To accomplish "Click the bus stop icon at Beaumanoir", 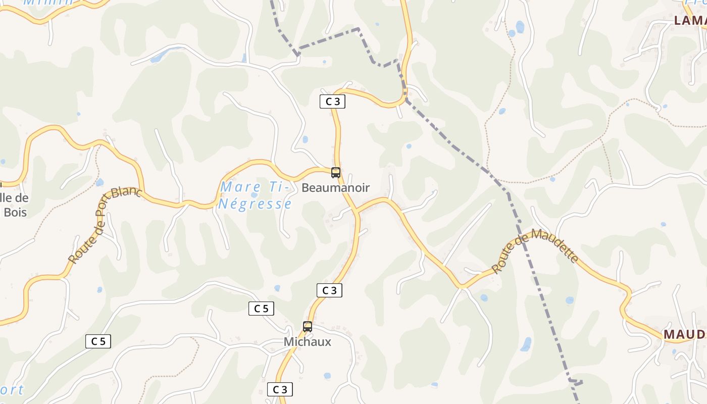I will (x=336, y=173).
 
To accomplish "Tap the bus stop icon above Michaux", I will (x=308, y=327).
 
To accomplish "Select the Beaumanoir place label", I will (x=335, y=188).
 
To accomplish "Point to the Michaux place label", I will (x=308, y=342).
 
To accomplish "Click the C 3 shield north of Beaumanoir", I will (x=332, y=102).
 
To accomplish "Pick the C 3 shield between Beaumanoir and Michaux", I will (x=329, y=290).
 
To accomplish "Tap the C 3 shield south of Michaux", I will (x=280, y=389).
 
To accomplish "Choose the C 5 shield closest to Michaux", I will (x=261, y=309).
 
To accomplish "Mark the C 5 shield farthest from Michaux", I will (x=98, y=341).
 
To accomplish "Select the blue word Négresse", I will (x=255, y=204).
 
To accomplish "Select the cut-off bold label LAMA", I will (x=690, y=20).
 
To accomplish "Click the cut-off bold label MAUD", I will (x=684, y=334).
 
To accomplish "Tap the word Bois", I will (x=15, y=212).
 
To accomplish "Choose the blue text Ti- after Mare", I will (x=278, y=187).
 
